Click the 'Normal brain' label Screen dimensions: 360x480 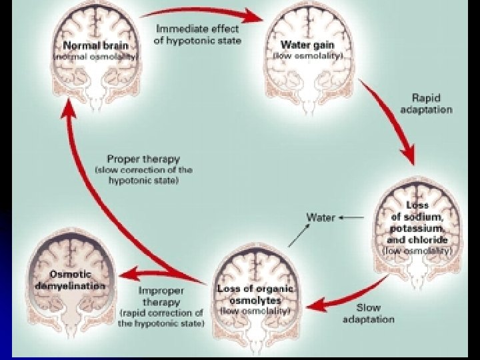coord(97,45)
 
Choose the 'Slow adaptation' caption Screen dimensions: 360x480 coord(367,314)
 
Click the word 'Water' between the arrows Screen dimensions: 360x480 coord(320,217)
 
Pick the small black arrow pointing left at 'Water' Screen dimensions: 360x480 coord(351,217)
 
